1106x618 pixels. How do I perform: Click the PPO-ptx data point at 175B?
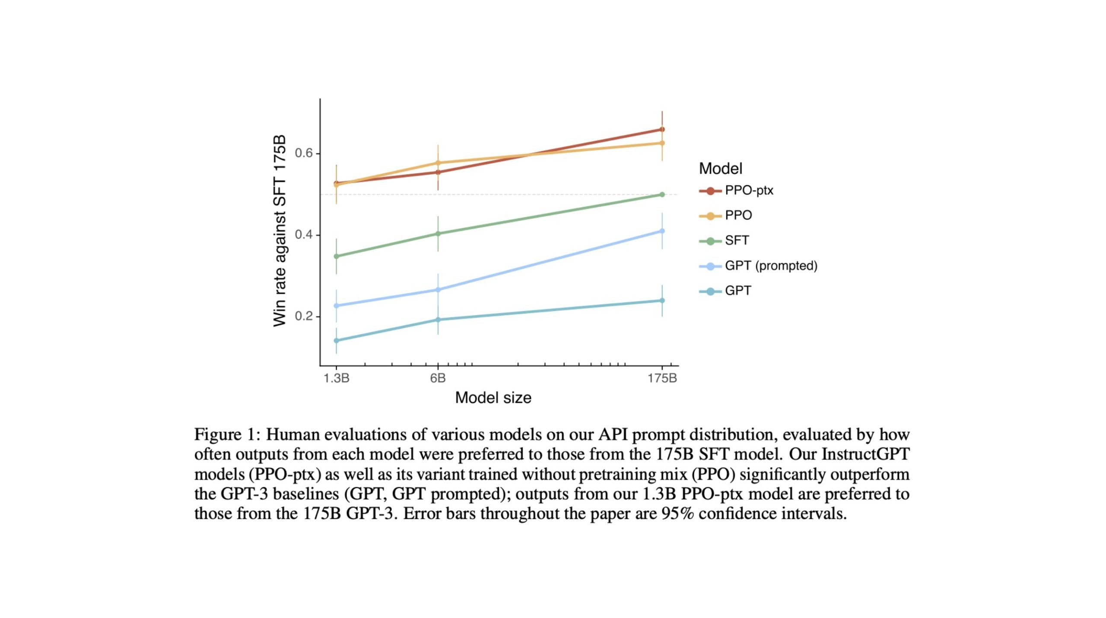(662, 130)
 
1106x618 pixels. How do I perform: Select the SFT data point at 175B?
(662, 195)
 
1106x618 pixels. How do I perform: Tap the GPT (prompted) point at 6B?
(438, 290)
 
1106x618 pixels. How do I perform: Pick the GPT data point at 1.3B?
(337, 341)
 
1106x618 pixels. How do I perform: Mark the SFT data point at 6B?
(438, 234)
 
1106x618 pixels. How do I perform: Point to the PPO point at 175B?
(662, 143)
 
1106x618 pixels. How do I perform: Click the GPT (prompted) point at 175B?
(662, 231)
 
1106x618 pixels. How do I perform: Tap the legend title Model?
(721, 168)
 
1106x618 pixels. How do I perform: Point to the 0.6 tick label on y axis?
(304, 153)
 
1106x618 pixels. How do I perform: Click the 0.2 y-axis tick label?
(304, 316)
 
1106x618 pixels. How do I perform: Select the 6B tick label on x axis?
(438, 379)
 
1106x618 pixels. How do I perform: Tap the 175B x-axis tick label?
(662, 379)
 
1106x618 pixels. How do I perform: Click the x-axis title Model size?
(493, 398)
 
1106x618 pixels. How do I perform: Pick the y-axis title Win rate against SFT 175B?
(280, 231)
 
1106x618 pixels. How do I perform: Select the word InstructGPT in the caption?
(865, 454)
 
